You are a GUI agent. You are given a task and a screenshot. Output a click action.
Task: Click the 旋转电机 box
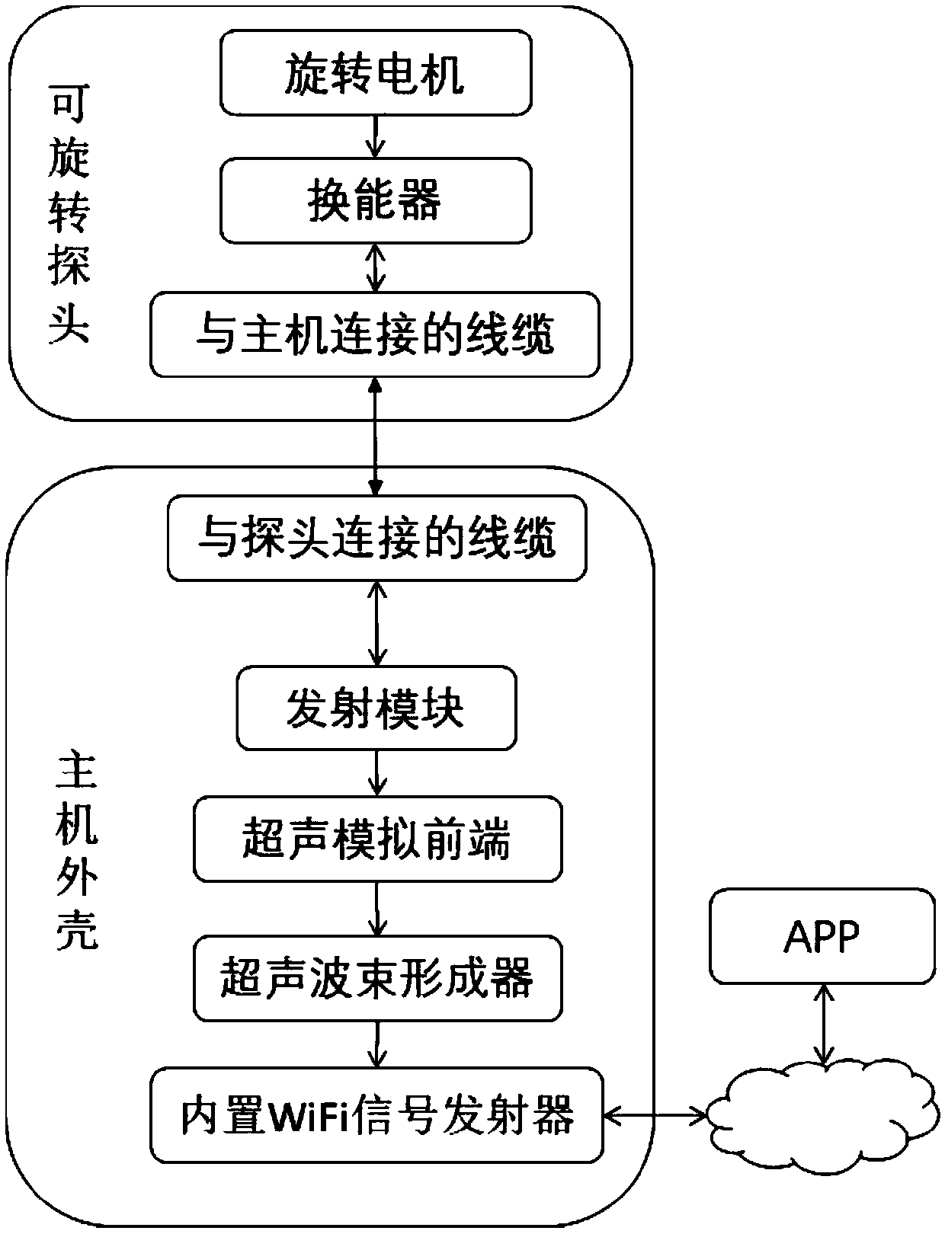coord(376,72)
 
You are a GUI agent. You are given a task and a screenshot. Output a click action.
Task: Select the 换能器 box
coord(376,200)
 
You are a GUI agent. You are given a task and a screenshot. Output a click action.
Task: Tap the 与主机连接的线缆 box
coord(375,334)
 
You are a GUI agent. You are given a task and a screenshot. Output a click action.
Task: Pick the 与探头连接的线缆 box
coord(377,538)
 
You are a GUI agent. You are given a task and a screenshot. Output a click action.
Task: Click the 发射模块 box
coord(376,708)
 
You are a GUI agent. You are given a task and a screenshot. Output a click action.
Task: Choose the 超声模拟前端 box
coord(377,839)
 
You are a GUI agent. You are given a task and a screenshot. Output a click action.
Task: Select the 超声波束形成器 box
coord(377,978)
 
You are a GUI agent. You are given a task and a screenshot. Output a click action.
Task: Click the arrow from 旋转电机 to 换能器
coord(376,136)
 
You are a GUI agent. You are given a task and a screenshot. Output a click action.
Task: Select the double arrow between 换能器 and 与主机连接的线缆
coord(376,267)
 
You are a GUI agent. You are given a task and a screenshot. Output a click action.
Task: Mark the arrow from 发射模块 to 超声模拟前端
coord(377,774)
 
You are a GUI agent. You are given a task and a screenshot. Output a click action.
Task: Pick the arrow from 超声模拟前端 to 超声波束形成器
coord(377,909)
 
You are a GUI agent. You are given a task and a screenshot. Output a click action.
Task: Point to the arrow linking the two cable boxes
coord(375,436)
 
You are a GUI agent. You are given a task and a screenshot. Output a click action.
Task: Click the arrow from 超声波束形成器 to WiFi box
coord(377,1044)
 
